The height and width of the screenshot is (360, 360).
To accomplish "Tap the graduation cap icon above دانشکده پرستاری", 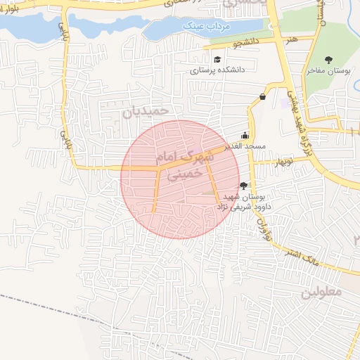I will click(217, 60).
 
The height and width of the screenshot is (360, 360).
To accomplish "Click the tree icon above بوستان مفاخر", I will click(328, 60).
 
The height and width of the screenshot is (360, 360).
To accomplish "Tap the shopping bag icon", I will click(262, 96).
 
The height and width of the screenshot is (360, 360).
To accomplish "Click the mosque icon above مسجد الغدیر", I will click(245, 136).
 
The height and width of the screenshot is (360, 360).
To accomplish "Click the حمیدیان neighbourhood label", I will click(146, 111).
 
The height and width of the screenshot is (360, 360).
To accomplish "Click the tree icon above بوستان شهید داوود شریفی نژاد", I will click(243, 185).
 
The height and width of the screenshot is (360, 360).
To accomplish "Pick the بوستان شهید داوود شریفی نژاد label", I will click(243, 201).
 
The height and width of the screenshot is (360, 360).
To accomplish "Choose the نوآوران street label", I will click(265, 226).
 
